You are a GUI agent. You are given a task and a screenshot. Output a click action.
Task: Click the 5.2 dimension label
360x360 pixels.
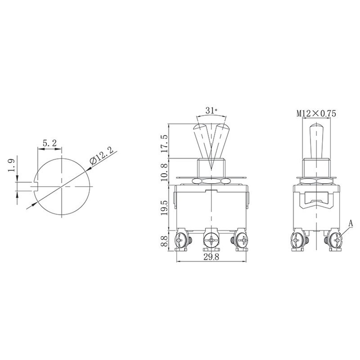49,143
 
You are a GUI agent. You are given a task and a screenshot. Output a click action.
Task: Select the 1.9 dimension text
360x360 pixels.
12,166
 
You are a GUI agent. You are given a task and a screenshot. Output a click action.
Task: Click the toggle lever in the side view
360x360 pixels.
316,140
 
